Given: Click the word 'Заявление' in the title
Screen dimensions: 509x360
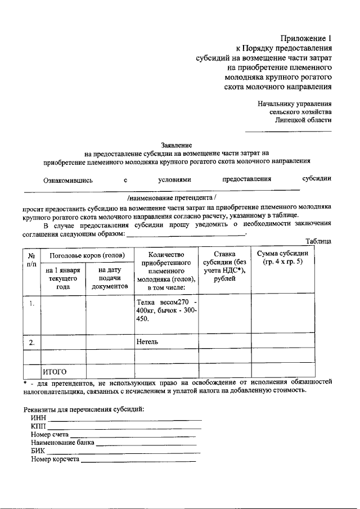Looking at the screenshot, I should (x=178, y=145).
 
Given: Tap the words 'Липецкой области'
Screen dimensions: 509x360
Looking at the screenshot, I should (x=303, y=120).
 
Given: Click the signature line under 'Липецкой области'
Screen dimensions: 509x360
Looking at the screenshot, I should (x=288, y=131).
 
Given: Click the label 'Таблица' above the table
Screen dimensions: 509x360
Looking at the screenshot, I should (x=318, y=241).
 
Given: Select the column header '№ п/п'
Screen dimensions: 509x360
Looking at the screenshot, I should (x=31, y=259).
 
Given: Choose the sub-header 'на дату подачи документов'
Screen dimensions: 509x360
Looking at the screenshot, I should (x=110, y=278).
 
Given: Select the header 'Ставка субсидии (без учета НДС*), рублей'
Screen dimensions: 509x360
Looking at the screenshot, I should (x=225, y=270).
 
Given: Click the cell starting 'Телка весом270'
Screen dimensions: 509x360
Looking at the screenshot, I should (x=166, y=310).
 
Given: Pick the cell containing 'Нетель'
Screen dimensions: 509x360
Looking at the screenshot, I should (x=147, y=341).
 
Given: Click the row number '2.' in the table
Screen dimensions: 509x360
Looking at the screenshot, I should (x=33, y=342).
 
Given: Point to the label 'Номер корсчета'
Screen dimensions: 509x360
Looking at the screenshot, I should (x=56, y=460).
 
